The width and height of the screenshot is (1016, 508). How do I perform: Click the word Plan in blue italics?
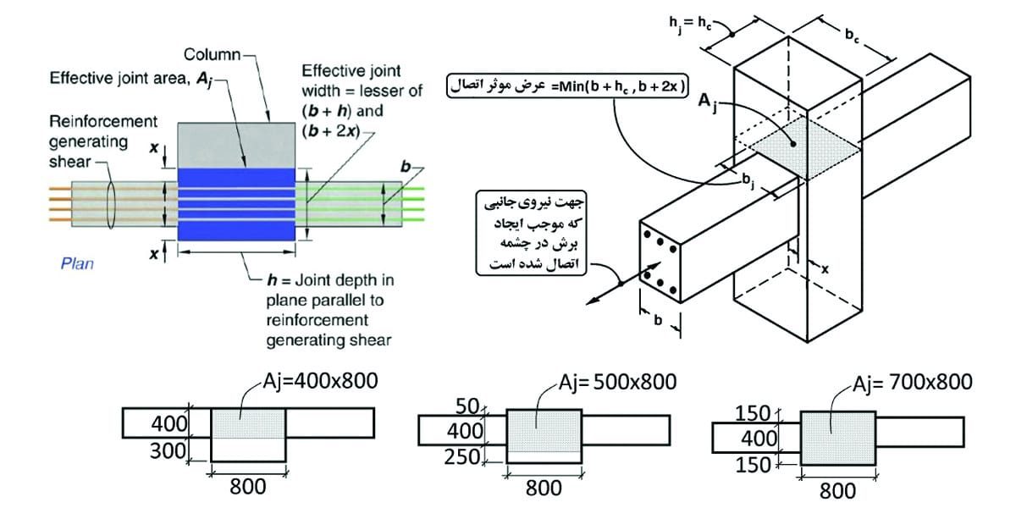point(77,263)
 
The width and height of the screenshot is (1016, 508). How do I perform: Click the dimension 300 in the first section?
point(168,450)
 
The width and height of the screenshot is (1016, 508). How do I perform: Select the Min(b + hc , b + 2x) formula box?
point(569,86)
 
